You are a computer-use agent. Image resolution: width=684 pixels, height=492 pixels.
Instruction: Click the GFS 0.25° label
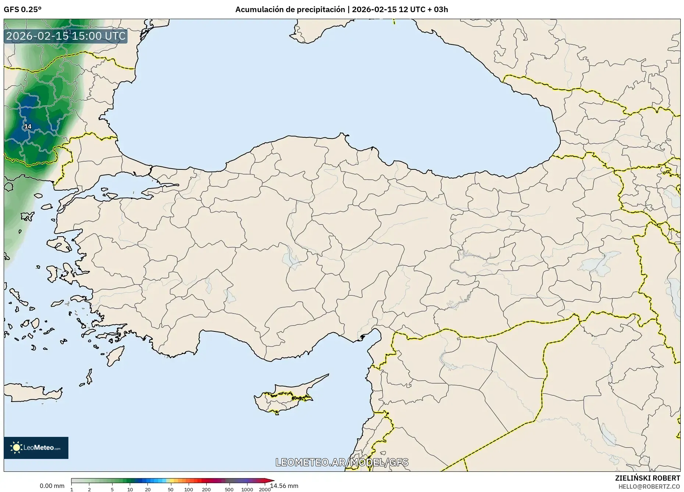(x=22, y=10)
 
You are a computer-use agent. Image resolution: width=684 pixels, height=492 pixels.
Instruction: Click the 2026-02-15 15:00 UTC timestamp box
(x=66, y=36)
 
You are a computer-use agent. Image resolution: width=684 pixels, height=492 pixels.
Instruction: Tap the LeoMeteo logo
(x=36, y=448)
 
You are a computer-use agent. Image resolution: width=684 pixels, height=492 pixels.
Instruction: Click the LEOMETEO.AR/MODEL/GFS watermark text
(x=342, y=462)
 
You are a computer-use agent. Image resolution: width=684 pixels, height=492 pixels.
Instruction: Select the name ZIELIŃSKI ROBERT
(x=647, y=478)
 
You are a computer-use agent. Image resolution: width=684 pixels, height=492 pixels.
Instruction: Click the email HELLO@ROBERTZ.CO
(x=649, y=486)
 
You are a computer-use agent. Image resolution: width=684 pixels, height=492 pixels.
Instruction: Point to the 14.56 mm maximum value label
(x=284, y=486)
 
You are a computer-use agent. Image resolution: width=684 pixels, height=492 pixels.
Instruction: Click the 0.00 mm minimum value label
(x=52, y=486)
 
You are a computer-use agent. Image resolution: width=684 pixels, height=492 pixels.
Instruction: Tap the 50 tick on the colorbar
(x=170, y=489)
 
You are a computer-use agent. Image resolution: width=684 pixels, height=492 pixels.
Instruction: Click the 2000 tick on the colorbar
(x=264, y=489)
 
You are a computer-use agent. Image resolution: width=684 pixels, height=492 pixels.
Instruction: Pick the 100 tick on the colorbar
(x=188, y=489)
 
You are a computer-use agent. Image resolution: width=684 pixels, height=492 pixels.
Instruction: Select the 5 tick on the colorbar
(x=112, y=489)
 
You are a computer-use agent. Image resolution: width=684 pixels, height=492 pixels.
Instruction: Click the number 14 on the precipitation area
(x=28, y=127)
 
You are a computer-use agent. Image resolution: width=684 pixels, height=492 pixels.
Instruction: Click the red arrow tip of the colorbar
(x=272, y=480)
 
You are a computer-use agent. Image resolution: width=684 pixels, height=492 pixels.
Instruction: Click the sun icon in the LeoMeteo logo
(x=17, y=448)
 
